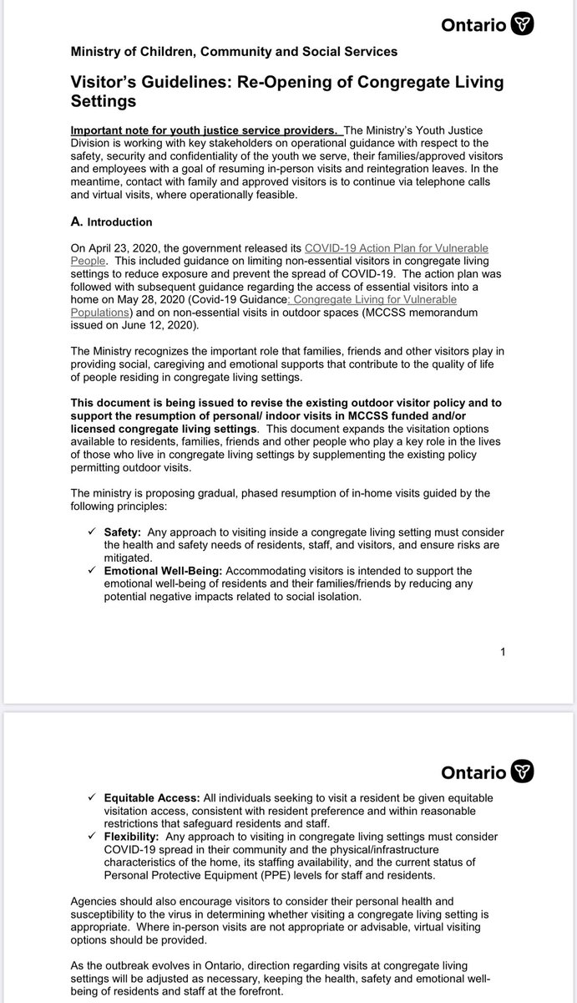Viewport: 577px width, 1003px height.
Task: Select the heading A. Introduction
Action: pos(112,222)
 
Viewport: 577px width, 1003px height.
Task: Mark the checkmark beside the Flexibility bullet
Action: pos(91,836)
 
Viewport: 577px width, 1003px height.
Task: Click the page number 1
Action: pos(502,653)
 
